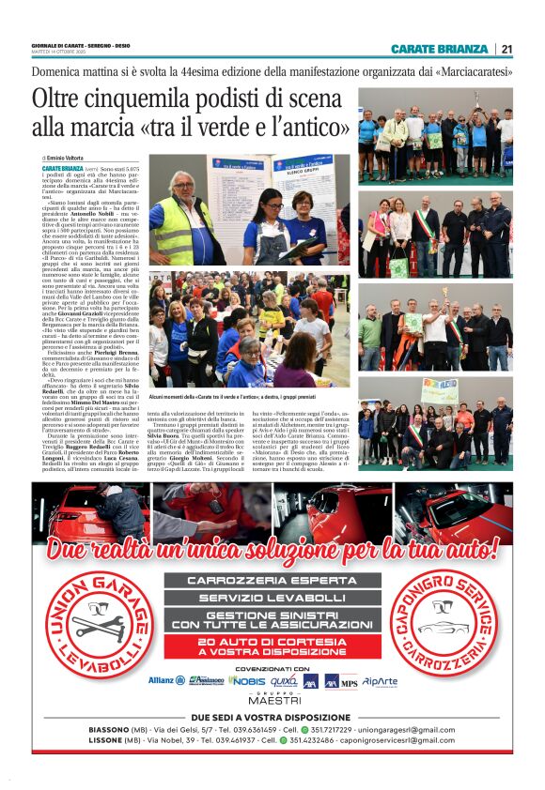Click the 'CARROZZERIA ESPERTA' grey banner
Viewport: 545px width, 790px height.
[x=272, y=580]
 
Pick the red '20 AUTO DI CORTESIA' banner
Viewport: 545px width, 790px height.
[x=272, y=646]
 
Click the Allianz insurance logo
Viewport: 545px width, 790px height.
[x=167, y=680]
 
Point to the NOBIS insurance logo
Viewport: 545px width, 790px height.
[x=247, y=680]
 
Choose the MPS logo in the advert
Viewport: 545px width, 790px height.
[x=349, y=682]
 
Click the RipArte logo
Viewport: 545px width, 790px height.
[x=380, y=680]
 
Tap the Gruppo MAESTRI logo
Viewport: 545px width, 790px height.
[x=273, y=699]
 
